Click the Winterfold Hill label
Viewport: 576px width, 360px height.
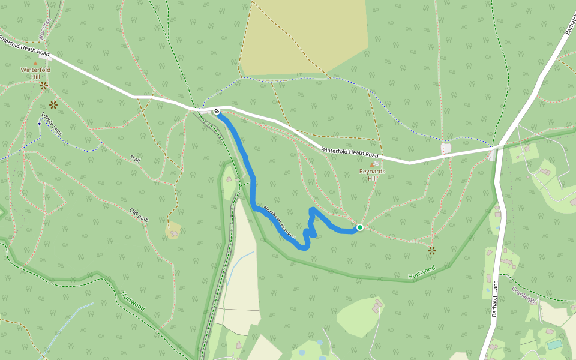pyautogui.click(x=35, y=73)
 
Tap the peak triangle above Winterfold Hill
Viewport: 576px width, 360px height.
pyautogui.click(x=35, y=62)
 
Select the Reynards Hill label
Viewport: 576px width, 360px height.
pyautogui.click(x=372, y=175)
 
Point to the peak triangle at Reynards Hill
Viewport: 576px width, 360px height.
pyautogui.click(x=372, y=164)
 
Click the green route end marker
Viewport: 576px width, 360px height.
pyautogui.click(x=359, y=227)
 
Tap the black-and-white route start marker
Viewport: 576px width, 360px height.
pyautogui.click(x=217, y=112)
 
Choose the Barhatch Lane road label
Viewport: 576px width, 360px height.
pyautogui.click(x=496, y=301)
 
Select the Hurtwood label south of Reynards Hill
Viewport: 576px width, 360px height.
pyautogui.click(x=421, y=272)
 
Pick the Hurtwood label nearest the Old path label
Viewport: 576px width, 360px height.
pyautogui.click(x=133, y=301)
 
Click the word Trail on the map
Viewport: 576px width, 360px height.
pyautogui.click(x=135, y=159)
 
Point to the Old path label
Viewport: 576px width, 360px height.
pyautogui.click(x=139, y=215)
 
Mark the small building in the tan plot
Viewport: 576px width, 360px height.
pyautogui.click(x=174, y=230)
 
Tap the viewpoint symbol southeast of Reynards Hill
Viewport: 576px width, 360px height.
pyautogui.click(x=431, y=250)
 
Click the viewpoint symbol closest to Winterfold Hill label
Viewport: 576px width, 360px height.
pyautogui.click(x=43, y=86)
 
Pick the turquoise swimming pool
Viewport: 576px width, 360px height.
pyautogui.click(x=555, y=344)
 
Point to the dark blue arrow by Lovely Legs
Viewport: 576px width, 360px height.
pyautogui.click(x=40, y=122)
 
